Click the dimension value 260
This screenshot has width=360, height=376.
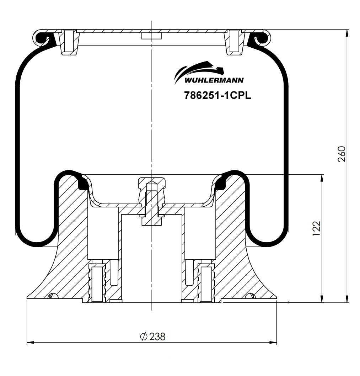pyautogui.click(x=342, y=154)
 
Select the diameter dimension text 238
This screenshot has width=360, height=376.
pyautogui.click(x=153, y=337)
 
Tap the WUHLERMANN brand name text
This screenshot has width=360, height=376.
pyautogui.click(x=214, y=80)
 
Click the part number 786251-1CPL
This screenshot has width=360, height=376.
pyautogui.click(x=217, y=95)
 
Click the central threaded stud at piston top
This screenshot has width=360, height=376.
pyautogui.click(x=152, y=203)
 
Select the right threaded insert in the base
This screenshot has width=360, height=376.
pyautogui.click(x=206, y=283)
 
